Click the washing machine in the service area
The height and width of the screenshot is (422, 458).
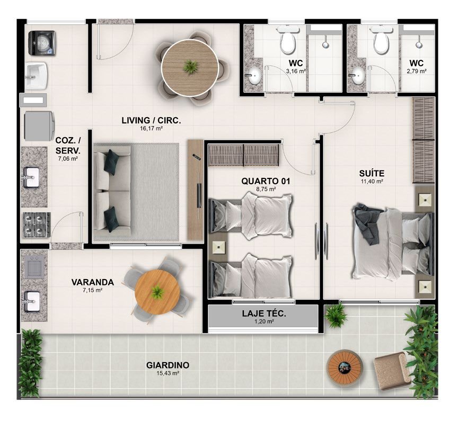coord(42,43)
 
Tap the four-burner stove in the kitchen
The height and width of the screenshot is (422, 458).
coord(37,225)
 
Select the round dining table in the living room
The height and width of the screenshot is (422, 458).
coord(190,68)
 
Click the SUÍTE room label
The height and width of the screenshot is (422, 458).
coord(372,173)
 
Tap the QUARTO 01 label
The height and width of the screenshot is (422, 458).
coord(266,181)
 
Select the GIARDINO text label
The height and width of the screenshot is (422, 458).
coord(168,365)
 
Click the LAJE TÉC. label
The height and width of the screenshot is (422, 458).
coord(264,314)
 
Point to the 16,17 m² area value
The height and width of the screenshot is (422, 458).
coord(151,129)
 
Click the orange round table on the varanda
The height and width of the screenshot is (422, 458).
coord(158,292)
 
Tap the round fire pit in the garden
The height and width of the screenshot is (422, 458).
coord(345,367)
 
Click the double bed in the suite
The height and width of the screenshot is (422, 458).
coord(393,243)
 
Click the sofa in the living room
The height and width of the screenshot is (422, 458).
coord(112,191)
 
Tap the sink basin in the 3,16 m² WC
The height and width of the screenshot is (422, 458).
coord(254,75)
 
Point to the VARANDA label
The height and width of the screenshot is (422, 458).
coord(93,282)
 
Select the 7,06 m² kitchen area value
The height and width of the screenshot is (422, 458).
coord(67,159)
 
